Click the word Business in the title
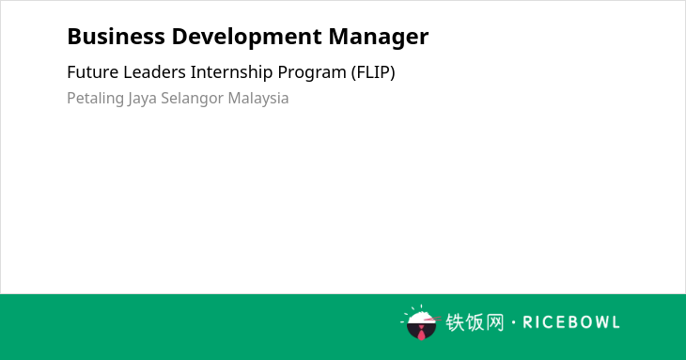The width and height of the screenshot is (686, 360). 116,36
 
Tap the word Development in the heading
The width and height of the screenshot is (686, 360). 247,38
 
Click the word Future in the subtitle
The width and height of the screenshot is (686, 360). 93,72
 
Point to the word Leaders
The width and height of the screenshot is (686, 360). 154,72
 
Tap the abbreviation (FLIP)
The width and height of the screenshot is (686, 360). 373,72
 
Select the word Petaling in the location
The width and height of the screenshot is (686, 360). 95,99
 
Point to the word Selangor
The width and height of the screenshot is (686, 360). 192,99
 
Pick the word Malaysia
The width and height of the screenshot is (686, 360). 258,99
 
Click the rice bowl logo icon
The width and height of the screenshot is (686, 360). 421,322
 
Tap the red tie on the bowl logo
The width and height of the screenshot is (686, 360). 421,334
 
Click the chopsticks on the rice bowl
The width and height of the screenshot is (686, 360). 432,319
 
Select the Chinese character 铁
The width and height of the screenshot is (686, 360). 455,322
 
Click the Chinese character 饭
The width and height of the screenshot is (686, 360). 476,322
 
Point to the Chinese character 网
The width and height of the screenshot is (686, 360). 495,322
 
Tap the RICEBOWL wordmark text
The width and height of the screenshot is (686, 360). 571,322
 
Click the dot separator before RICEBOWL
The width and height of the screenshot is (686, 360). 513,322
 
